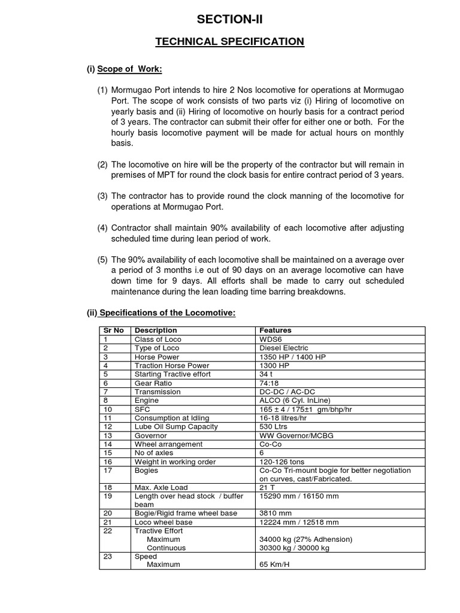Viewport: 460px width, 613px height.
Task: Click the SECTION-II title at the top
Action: [x=230, y=21]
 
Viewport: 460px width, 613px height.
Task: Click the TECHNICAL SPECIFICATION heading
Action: [x=230, y=42]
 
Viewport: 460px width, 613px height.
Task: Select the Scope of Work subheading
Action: [x=125, y=69]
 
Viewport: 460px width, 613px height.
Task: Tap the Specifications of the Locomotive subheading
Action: [x=161, y=313]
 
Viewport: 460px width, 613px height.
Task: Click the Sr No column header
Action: [x=113, y=330]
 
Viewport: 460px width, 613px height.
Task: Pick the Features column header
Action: [x=275, y=330]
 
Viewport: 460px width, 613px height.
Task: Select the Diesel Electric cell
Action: [x=283, y=348]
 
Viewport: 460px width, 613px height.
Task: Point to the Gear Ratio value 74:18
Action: [x=270, y=383]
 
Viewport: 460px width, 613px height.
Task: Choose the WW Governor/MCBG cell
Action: [x=296, y=435]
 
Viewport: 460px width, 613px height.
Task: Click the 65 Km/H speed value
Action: [x=274, y=565]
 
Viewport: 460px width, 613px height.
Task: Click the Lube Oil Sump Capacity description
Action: [x=176, y=427]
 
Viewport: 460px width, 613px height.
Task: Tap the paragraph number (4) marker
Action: [x=103, y=228]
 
